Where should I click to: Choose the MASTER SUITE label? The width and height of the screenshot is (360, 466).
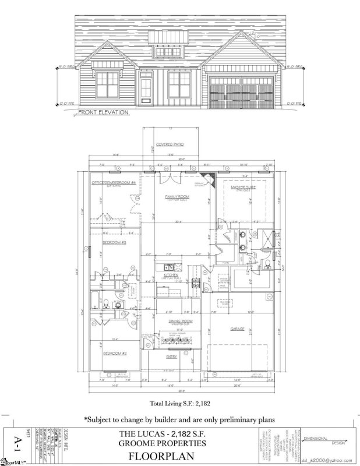(x=243, y=188)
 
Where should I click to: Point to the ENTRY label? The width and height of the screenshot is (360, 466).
(x=172, y=357)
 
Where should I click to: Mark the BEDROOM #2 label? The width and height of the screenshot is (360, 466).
(x=115, y=353)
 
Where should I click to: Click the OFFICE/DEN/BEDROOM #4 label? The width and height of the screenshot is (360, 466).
(x=114, y=183)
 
